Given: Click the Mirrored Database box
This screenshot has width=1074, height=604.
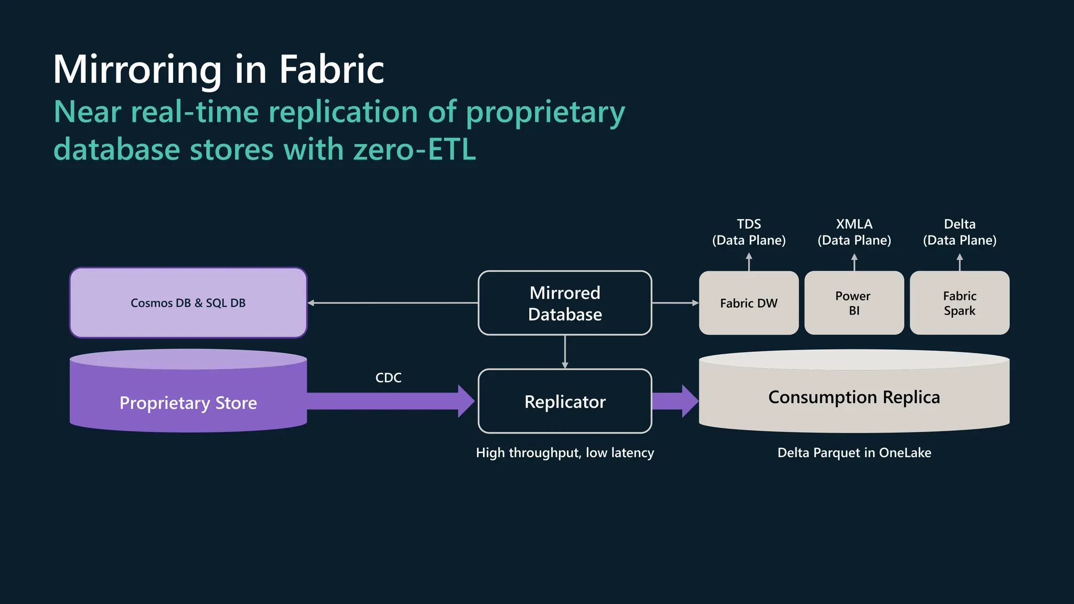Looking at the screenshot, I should click(x=565, y=303).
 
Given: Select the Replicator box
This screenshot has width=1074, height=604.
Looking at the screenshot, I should click(x=565, y=402).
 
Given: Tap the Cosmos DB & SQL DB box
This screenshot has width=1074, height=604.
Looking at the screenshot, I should click(x=188, y=303).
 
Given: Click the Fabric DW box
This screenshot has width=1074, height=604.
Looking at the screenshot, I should click(x=748, y=303).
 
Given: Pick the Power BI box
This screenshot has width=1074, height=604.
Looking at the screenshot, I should click(x=854, y=303).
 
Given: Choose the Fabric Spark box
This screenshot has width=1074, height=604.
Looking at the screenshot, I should click(x=959, y=303).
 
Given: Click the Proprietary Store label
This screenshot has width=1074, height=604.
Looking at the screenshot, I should click(x=188, y=403).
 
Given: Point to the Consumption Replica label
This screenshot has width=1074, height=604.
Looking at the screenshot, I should click(x=854, y=397).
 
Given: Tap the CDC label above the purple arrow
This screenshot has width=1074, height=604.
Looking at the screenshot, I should click(x=388, y=377).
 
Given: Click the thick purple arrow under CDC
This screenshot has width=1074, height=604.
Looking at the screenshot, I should click(x=388, y=401).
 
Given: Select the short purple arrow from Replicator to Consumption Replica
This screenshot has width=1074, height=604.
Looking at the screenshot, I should click(x=674, y=401).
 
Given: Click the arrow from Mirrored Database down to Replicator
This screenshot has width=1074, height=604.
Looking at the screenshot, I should click(x=565, y=352).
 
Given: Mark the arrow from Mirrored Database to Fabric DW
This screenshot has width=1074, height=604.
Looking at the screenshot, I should click(x=675, y=303).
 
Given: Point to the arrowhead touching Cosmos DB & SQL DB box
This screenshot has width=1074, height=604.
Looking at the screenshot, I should click(x=311, y=303).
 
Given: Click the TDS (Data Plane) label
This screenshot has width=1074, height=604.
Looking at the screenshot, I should click(x=748, y=232).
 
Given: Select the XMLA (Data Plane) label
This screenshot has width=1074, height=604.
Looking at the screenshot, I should click(x=854, y=232).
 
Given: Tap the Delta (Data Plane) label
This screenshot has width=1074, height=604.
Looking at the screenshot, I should click(x=959, y=232).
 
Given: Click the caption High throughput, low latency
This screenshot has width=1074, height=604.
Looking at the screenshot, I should click(x=565, y=452).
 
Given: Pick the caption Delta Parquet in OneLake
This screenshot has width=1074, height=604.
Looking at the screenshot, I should click(x=854, y=452).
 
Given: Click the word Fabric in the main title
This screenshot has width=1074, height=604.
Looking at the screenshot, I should click(x=331, y=69).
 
